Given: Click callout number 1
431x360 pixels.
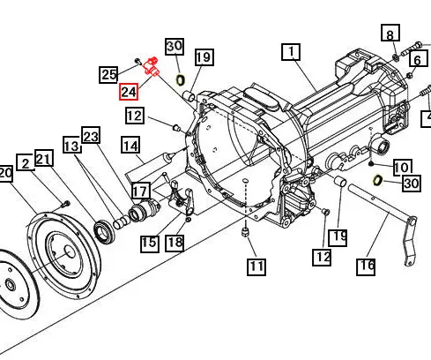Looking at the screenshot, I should (291, 52).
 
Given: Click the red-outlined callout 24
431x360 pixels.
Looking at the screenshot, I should (129, 91).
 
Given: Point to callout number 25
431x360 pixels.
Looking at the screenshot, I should (108, 74).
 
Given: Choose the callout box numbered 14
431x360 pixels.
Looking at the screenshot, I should (131, 146).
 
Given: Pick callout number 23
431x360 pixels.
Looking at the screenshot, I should (92, 136).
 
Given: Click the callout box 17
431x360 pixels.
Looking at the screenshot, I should (141, 191).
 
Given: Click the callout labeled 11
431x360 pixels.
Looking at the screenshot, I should (256, 265).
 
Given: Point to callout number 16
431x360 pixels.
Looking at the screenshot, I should (366, 265).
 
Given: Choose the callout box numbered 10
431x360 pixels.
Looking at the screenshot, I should (402, 166).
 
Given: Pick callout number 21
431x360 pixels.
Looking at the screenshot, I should (44, 159).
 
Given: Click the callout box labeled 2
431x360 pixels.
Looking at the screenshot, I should (25, 162).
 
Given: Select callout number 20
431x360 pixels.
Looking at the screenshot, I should (4, 174).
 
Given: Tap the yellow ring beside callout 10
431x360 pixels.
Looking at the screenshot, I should (377, 179).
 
